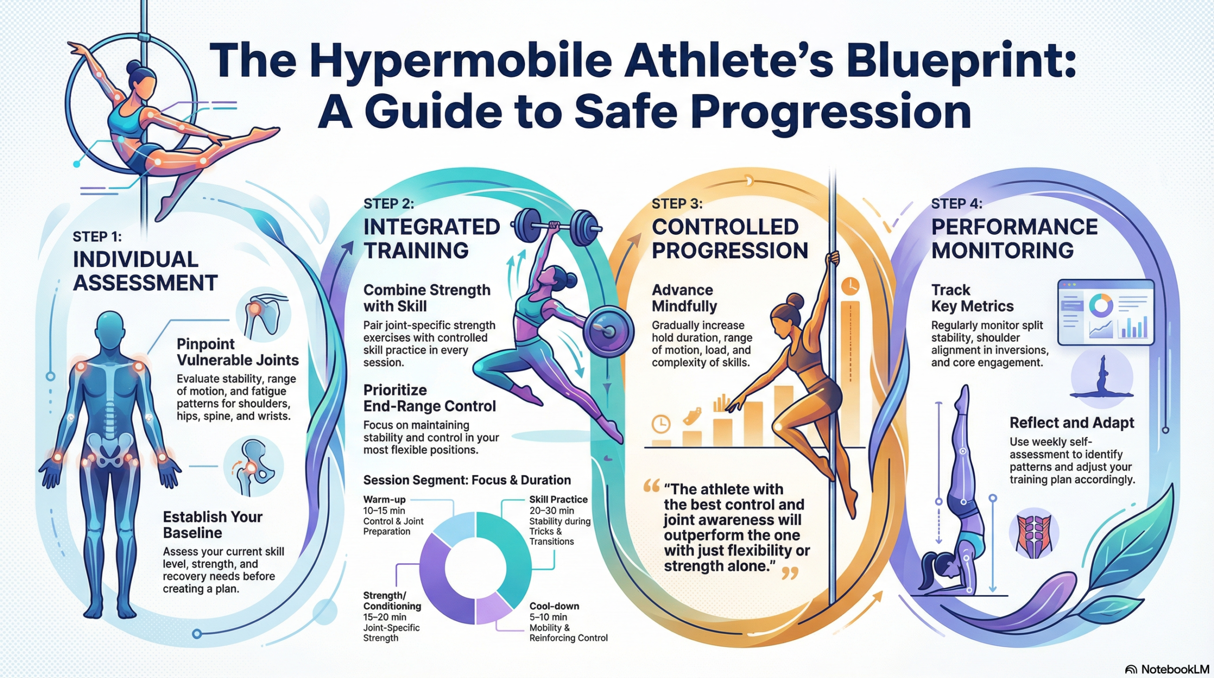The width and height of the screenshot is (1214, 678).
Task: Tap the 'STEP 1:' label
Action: click(97, 236)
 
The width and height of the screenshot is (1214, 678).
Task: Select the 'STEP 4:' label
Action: click(956, 204)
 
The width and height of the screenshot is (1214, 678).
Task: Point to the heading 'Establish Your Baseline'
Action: click(212, 525)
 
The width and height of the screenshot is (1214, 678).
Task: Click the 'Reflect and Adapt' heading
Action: click(1072, 422)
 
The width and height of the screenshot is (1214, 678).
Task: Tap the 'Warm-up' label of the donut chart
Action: click(384, 499)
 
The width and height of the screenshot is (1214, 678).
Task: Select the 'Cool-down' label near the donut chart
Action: click(554, 606)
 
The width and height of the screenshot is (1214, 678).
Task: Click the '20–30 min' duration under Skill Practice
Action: click(552, 511)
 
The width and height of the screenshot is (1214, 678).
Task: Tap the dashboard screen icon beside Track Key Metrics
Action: click(1105, 312)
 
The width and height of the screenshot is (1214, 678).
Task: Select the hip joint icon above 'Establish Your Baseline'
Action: click(254, 466)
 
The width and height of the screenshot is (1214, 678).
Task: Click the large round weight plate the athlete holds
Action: click(608, 330)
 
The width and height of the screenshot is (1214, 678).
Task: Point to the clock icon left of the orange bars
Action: click(661, 424)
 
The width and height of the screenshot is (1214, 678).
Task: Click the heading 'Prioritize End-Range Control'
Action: click(429, 398)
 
